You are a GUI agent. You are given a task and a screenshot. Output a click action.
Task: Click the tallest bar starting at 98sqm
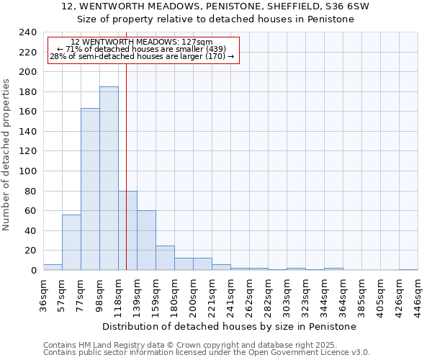coord(109,179)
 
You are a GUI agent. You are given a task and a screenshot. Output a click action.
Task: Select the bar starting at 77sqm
coord(90,189)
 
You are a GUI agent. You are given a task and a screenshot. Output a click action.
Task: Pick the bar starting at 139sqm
coord(146,240)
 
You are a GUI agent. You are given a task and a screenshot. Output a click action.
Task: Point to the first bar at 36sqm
coord(53,267)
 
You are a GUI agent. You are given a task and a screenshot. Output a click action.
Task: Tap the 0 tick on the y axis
coord(33,271)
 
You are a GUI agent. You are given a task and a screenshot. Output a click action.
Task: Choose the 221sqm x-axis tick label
coord(212,297)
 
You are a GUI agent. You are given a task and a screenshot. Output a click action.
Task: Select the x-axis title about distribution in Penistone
coord(229,326)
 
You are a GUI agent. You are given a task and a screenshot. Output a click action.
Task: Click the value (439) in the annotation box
coord(216,49)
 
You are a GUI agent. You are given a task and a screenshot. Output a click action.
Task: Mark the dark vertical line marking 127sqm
coord(126,158)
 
